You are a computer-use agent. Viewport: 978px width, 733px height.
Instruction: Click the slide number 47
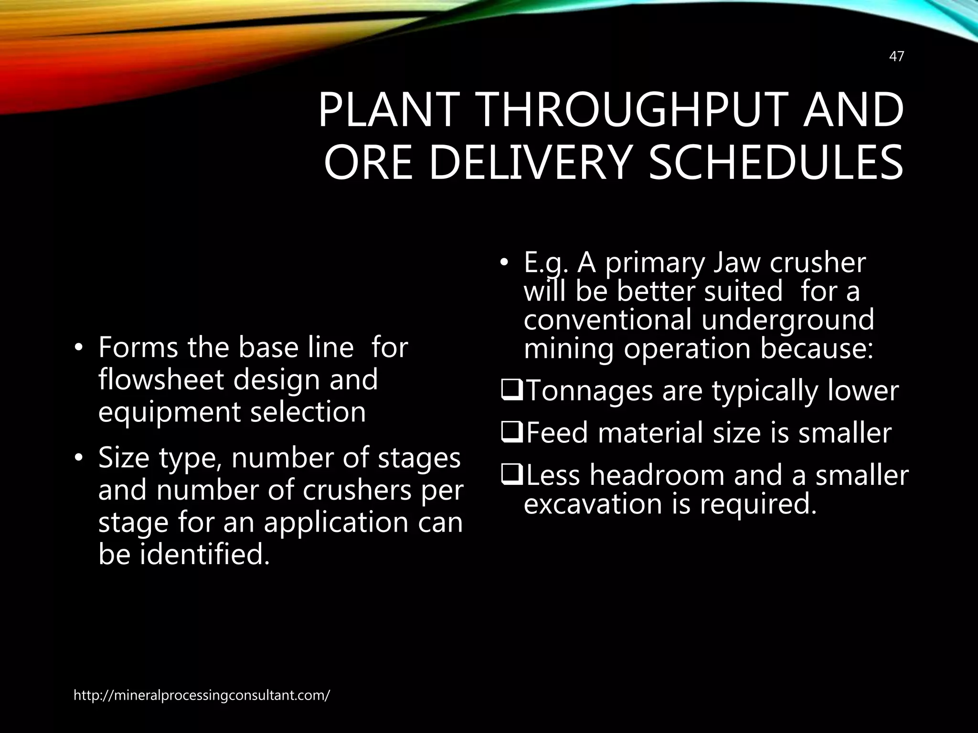(896, 57)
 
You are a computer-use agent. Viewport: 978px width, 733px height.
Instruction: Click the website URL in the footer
(202, 695)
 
